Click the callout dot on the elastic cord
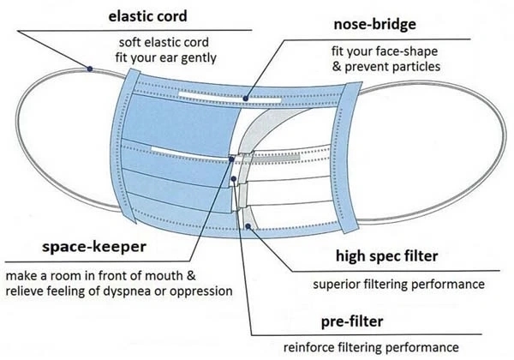click(88, 67)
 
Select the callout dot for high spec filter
click(249, 226)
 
